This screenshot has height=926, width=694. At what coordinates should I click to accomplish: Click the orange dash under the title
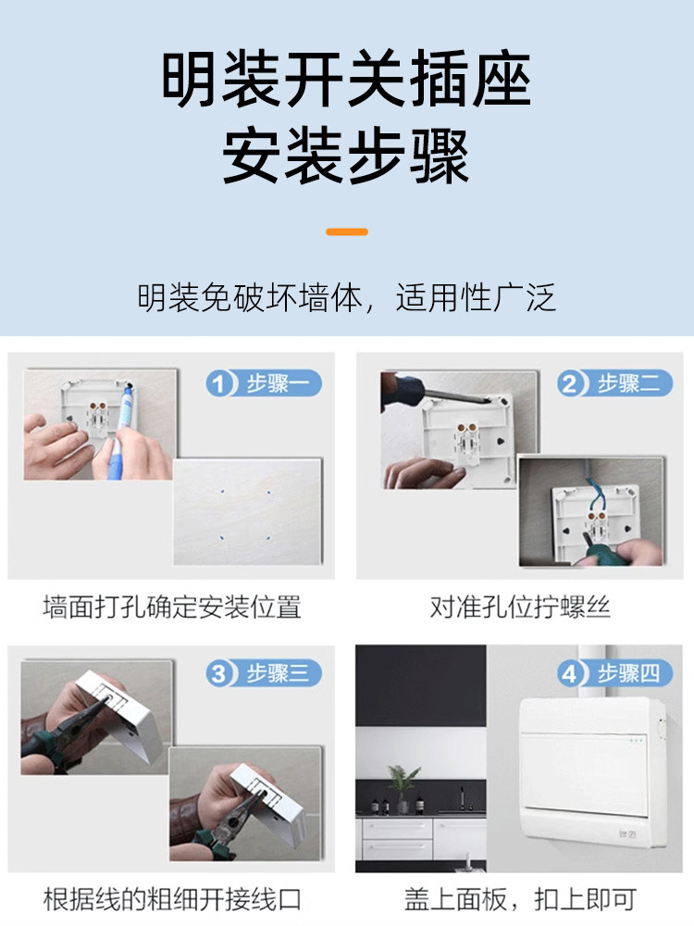pos(347,231)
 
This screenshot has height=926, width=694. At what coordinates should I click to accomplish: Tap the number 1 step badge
pos(219,384)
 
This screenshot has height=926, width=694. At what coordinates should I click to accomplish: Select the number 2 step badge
pos(570,384)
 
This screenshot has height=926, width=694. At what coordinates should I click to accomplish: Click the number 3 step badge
pos(219,673)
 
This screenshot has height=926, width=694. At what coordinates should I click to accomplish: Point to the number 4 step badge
pos(570,673)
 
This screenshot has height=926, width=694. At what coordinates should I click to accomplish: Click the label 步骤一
pos(278,384)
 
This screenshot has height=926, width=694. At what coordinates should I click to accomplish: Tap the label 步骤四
pos(629,673)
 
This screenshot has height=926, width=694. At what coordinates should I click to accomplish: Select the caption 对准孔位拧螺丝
pos(520,607)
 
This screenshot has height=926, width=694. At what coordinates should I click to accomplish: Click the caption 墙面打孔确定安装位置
pos(172,607)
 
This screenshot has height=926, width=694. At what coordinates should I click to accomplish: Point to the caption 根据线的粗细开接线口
pos(172,899)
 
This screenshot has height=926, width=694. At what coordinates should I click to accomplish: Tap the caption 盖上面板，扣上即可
pos(520,899)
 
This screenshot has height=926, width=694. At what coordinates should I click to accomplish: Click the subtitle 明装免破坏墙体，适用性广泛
pos(346,297)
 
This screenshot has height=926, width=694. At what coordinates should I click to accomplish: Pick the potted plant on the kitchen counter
pos(403,789)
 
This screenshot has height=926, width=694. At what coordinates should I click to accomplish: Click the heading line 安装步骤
pos(346,156)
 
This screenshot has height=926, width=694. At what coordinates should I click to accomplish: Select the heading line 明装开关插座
pos(346,79)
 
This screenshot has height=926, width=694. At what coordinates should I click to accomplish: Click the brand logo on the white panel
pos(627,834)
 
